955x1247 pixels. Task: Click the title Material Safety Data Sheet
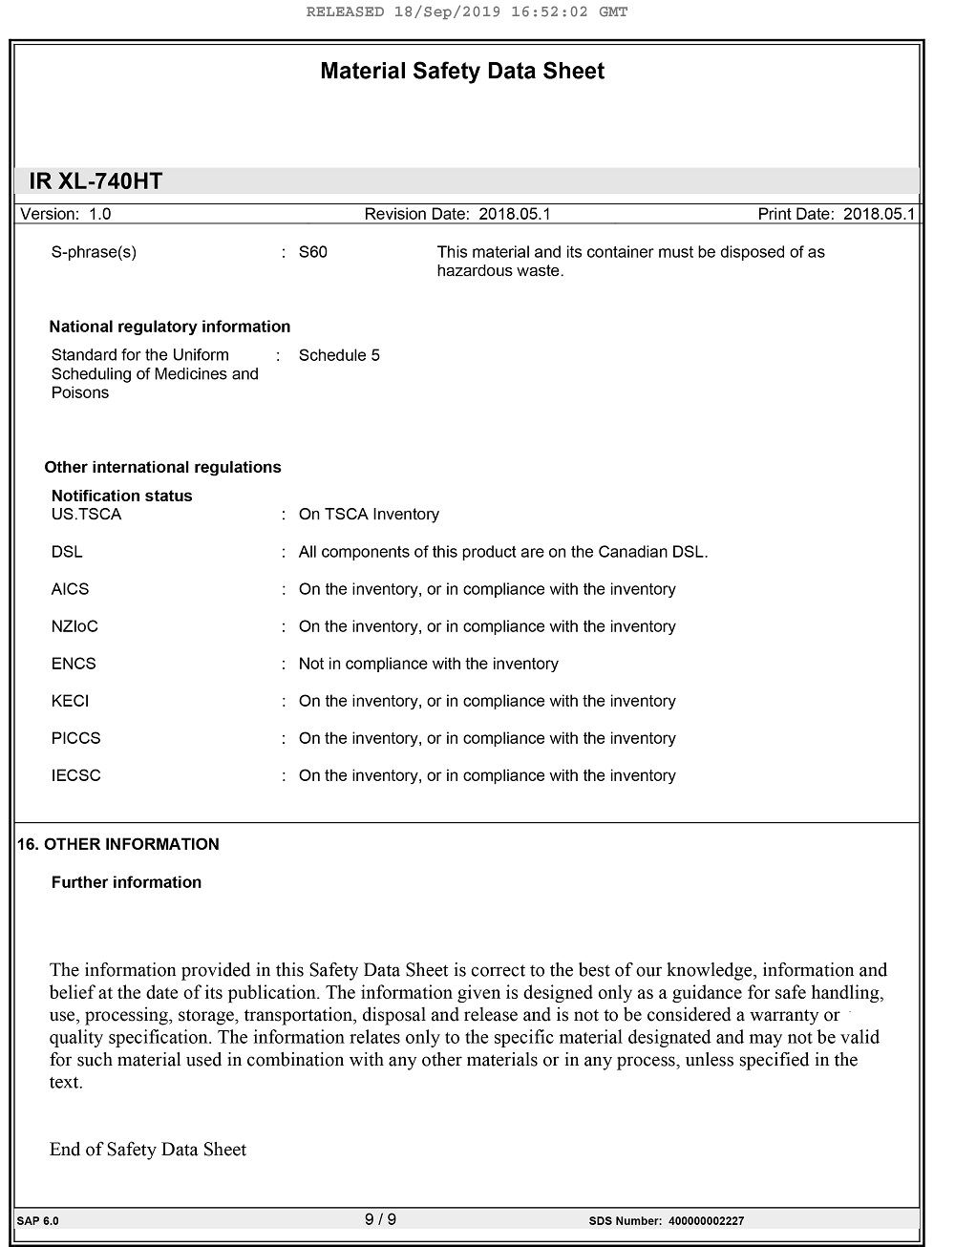[x=462, y=72]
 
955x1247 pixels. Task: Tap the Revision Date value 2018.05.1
[x=515, y=214]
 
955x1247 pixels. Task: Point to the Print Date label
[x=796, y=214]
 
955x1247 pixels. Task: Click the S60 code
[x=312, y=252]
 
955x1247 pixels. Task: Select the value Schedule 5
[x=339, y=355]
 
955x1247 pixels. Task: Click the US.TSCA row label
[x=86, y=514]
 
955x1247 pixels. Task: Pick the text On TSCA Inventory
[x=369, y=514]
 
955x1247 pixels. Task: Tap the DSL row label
[x=67, y=552]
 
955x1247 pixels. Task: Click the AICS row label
[x=70, y=589]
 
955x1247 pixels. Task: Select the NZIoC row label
[x=74, y=626]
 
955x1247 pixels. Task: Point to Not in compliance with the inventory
[x=428, y=664]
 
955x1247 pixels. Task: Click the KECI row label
[x=70, y=701]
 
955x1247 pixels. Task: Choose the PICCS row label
[x=75, y=738]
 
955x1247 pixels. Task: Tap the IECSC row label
[x=75, y=775]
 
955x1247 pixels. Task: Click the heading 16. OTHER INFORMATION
[x=118, y=844]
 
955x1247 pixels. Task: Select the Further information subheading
[x=126, y=882]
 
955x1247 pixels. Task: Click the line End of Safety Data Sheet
[x=148, y=1150]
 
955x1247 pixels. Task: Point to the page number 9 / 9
[x=380, y=1219]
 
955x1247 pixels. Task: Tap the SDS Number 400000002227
[x=706, y=1221]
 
